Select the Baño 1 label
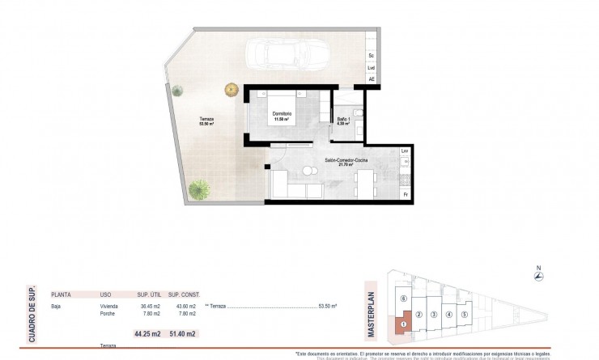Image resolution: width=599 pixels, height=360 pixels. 343,121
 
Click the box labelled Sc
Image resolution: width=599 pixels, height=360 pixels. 372,55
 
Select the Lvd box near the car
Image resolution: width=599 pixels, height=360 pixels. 372,68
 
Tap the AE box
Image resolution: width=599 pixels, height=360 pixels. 372,79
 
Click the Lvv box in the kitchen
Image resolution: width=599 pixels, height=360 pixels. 405,152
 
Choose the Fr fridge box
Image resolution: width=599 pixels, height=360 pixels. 405,194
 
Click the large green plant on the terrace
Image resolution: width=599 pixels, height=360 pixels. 198,190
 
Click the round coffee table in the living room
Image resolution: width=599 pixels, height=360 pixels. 308,171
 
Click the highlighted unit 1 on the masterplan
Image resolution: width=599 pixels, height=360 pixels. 402,324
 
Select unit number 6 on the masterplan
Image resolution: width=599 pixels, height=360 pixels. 403,299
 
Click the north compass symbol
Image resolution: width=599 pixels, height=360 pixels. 538,277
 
